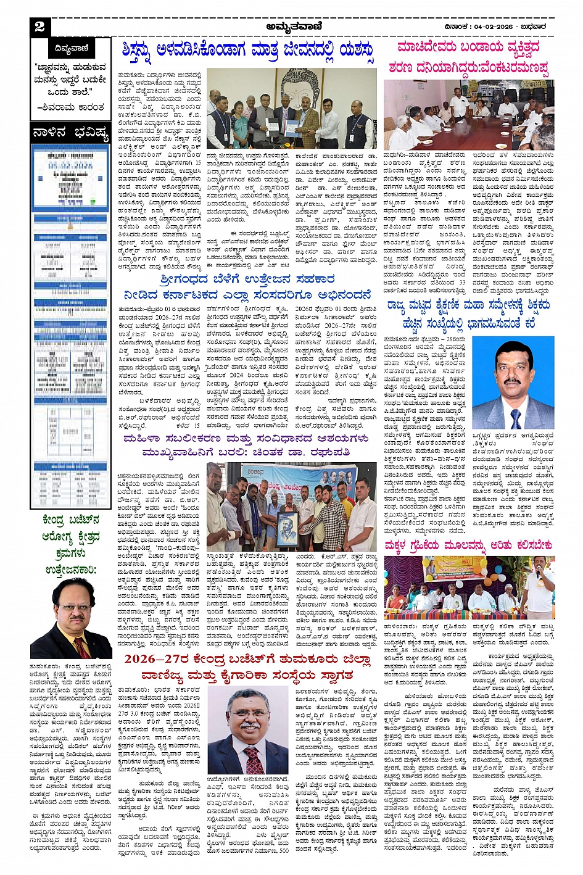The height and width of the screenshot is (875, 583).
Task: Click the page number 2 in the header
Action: click(x=40, y=27)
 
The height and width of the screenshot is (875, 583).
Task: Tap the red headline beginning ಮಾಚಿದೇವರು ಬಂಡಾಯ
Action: click(x=469, y=57)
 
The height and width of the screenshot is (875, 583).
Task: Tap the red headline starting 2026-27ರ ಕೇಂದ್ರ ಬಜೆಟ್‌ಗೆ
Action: click(x=248, y=667)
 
